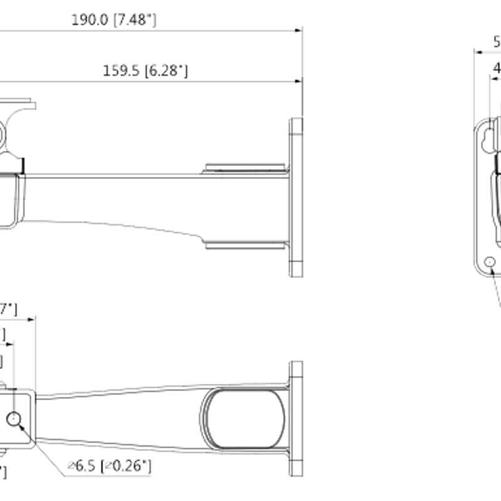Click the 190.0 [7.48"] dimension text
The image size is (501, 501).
point(113,20)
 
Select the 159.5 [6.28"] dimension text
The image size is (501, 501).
point(145,71)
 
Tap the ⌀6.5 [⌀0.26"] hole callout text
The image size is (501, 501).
point(110,466)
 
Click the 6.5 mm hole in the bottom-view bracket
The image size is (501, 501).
point(14,419)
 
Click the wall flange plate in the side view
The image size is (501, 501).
point(296,197)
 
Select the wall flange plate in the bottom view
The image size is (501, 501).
point(296,419)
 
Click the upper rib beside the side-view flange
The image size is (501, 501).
point(246,168)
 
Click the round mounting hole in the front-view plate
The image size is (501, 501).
point(492,262)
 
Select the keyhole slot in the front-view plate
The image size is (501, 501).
point(487,143)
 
